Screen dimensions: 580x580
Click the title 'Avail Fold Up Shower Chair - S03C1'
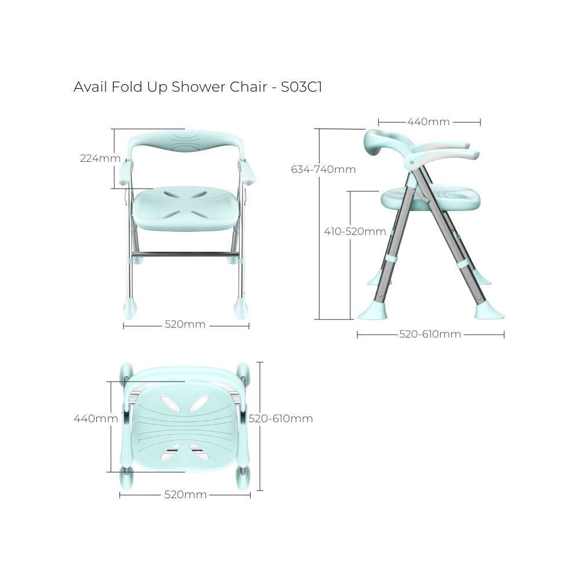click(x=197, y=87)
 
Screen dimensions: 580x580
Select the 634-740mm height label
click(x=323, y=169)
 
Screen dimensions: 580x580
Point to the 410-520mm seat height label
click(x=355, y=231)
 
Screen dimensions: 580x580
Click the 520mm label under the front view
click(x=185, y=325)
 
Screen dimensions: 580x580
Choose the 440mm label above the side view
click(x=429, y=122)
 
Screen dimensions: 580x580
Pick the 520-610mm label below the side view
click(x=430, y=334)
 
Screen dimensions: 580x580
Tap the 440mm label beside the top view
click(x=92, y=418)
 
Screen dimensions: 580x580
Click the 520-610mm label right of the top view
click(x=281, y=419)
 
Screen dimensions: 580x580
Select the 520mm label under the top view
click(x=185, y=495)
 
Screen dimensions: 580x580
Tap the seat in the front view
click(x=185, y=206)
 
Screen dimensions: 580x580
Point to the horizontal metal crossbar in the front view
click(x=185, y=255)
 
